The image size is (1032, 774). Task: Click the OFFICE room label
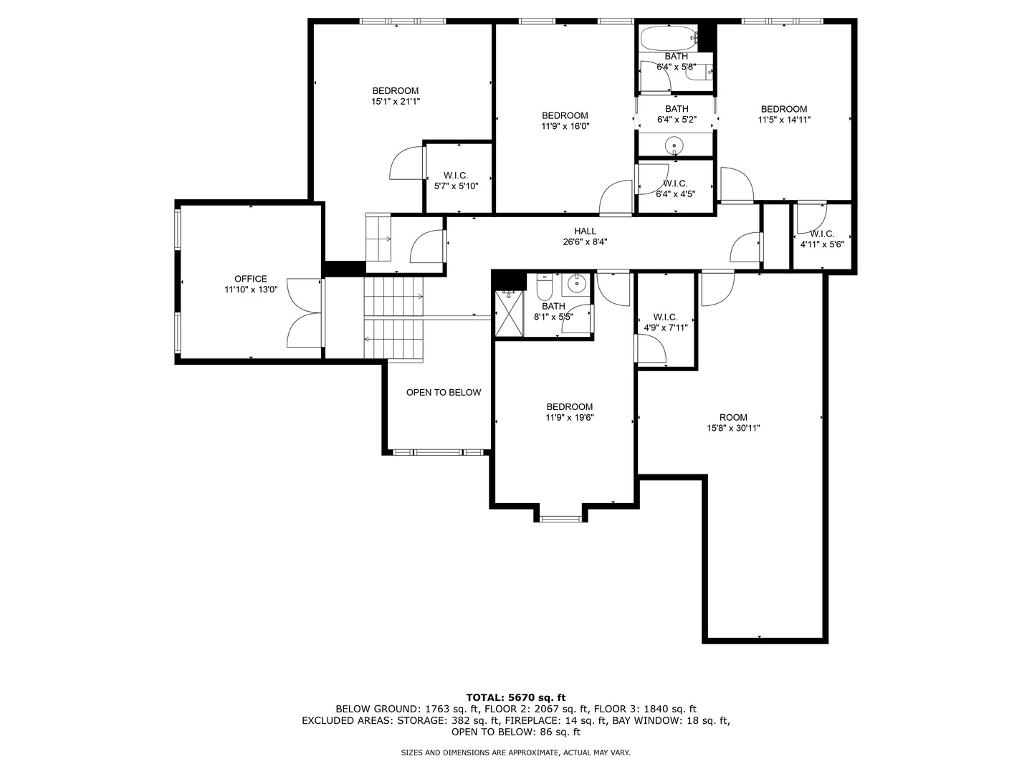(250, 279)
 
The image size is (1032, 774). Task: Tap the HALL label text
(585, 231)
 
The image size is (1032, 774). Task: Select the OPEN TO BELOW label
(443, 392)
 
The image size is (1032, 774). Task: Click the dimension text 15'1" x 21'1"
(395, 102)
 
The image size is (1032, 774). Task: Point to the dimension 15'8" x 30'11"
(732, 429)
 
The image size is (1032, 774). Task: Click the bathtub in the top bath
(667, 37)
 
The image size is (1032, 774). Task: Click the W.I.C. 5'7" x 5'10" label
(456, 181)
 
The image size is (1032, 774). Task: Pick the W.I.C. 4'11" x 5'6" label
(821, 239)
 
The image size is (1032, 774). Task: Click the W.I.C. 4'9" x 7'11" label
(665, 322)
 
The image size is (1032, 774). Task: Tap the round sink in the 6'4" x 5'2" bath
(674, 146)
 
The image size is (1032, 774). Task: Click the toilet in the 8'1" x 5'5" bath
(544, 288)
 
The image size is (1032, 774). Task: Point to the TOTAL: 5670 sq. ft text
(515, 697)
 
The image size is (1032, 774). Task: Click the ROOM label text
(732, 417)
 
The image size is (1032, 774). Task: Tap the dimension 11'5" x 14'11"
(784, 120)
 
